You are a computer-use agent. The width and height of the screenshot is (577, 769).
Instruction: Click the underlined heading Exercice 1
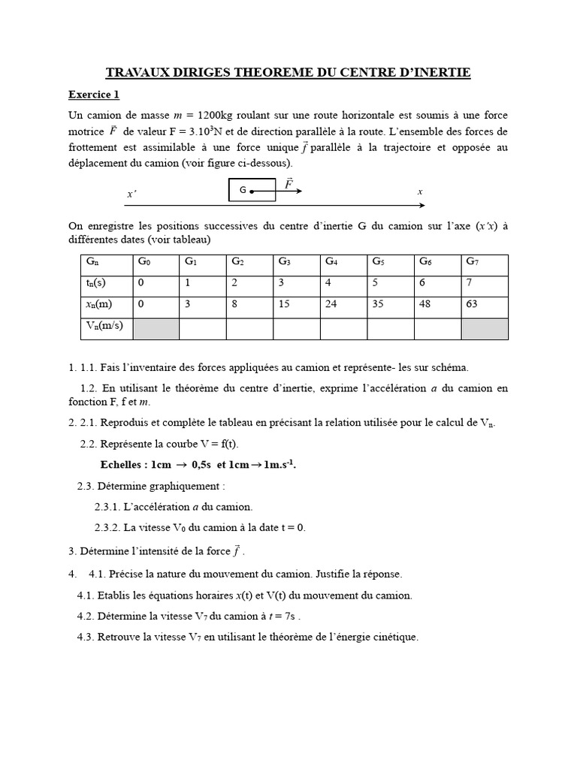click(x=94, y=95)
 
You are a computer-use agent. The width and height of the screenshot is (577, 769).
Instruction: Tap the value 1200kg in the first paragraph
click(x=218, y=115)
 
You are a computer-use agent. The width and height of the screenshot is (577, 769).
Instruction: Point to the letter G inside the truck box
click(x=243, y=191)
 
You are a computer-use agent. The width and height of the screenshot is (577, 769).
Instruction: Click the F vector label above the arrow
click(x=288, y=182)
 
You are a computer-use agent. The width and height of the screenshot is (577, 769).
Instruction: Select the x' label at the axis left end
click(x=131, y=195)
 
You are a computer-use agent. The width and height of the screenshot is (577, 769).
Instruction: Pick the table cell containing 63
click(x=485, y=306)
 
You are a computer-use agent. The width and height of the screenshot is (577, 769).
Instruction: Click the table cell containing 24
click(x=343, y=306)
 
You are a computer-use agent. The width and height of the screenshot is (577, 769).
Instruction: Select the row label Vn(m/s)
click(x=106, y=327)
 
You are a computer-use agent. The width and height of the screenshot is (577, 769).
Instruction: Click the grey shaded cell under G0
click(x=156, y=328)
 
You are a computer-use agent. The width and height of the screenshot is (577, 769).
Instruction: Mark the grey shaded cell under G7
click(x=485, y=328)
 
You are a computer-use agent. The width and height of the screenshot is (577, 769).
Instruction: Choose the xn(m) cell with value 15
click(x=296, y=306)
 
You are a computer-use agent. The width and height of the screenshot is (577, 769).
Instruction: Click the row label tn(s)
click(x=106, y=285)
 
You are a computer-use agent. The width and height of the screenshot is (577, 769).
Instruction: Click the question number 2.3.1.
click(x=110, y=507)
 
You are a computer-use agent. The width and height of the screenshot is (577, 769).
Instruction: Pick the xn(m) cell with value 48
click(x=438, y=306)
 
